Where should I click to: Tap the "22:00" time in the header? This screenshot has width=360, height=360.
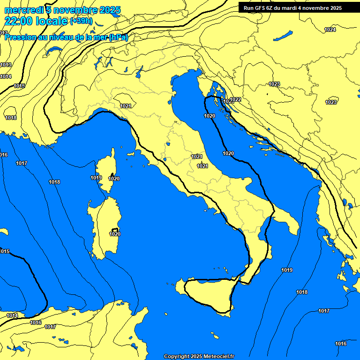click(18, 21)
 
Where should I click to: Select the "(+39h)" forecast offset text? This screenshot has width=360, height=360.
click(81, 22)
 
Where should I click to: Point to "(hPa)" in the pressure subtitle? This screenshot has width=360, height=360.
click(118, 37)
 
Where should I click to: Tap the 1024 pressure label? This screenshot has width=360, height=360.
click(330, 30)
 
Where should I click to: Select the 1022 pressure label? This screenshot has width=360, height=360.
click(236, 99)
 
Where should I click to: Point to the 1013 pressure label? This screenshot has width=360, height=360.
click(6, 65)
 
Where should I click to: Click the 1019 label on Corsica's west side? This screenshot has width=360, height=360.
click(96, 178)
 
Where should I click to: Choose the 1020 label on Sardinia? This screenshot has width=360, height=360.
click(115, 234)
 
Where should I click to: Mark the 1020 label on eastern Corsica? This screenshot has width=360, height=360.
click(114, 179)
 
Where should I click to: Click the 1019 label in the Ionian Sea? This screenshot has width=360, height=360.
click(287, 270)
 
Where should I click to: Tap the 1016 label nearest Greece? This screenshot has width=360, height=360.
click(341, 344)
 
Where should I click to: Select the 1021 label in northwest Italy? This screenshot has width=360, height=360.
click(125, 106)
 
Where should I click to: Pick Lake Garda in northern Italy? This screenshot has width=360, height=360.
click(139, 72)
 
